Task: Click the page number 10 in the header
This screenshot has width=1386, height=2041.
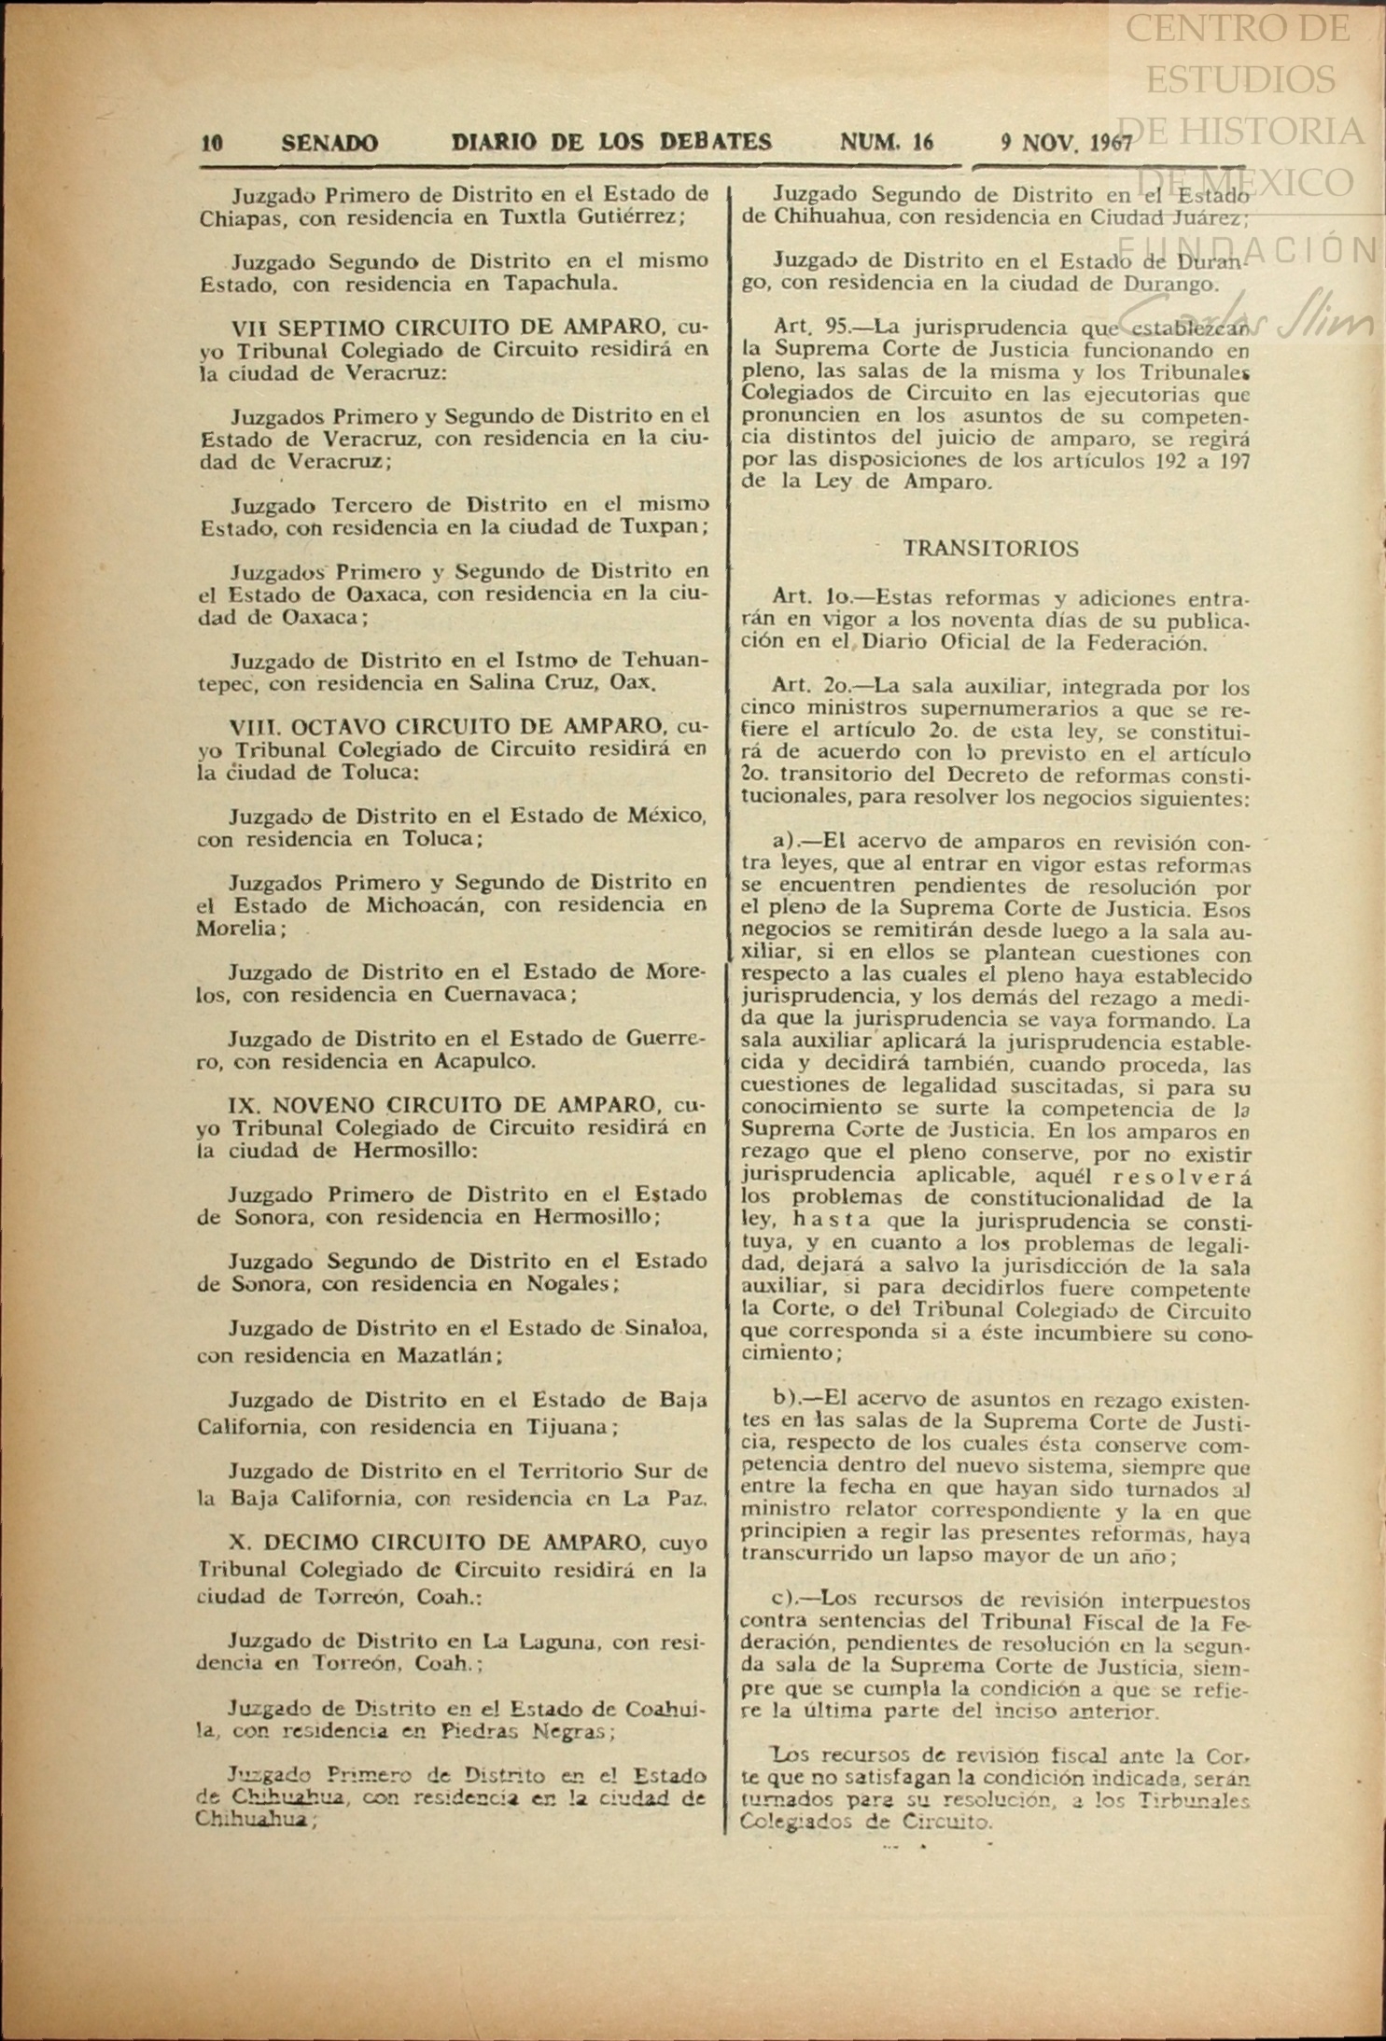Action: [212, 144]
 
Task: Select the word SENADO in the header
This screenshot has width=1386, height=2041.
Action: [329, 144]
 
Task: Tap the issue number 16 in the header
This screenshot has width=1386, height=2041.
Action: [922, 142]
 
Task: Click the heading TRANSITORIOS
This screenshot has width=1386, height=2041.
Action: [990, 549]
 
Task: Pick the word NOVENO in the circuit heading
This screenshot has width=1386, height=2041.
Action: [323, 1105]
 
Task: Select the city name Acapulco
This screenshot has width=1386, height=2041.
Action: [483, 1061]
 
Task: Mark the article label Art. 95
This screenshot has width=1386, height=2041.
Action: [809, 327]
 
